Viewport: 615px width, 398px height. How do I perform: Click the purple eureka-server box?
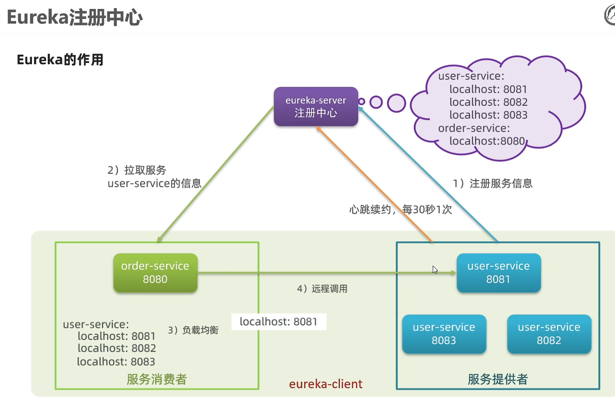(x=316, y=106)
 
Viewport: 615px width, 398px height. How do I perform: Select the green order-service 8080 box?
(x=155, y=273)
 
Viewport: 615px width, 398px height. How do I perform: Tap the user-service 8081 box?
(x=498, y=273)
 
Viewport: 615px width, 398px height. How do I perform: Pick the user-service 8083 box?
(x=444, y=334)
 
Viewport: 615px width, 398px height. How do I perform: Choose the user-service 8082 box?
(x=549, y=334)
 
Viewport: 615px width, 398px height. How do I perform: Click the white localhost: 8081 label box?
(x=279, y=322)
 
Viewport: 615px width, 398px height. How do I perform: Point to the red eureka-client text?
(x=326, y=384)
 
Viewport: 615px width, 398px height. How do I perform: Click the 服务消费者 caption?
(x=157, y=379)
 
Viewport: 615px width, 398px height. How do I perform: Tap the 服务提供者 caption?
(x=498, y=379)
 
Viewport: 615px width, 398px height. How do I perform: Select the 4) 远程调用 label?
(x=322, y=289)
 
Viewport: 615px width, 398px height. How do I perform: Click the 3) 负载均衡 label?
(x=193, y=330)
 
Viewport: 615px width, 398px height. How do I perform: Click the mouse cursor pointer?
(x=435, y=270)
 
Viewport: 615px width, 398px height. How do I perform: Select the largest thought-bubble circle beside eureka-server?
(x=396, y=103)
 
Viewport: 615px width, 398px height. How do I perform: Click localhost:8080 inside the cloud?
(x=487, y=141)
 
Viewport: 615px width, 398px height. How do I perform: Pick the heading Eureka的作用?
(x=60, y=60)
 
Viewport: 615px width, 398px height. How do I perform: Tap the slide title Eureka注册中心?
(x=75, y=17)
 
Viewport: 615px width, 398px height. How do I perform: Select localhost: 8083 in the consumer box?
(x=116, y=361)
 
